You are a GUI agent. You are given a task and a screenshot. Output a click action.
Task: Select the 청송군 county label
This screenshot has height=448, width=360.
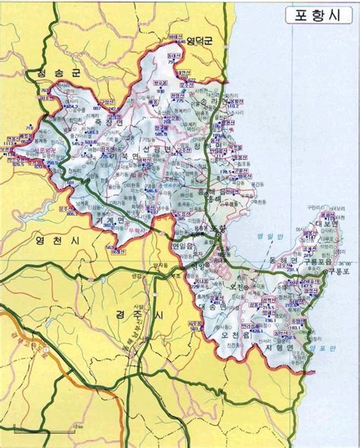pos(43,74)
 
